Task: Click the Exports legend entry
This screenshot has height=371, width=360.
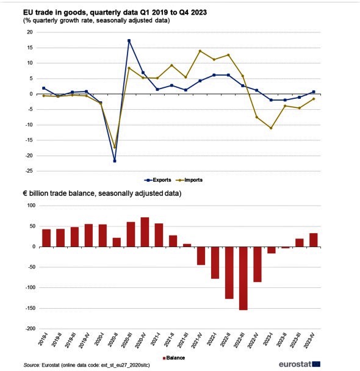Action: coord(157,180)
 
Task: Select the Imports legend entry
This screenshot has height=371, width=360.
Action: coord(189,180)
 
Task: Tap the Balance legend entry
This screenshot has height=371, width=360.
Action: coord(174,358)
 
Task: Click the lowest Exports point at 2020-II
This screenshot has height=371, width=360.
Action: coord(115,161)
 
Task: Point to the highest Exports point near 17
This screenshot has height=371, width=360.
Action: coord(129,41)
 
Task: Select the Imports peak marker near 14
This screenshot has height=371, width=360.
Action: coord(200,51)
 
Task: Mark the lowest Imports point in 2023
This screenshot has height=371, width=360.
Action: coord(271,128)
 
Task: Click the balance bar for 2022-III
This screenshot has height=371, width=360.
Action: coord(243,278)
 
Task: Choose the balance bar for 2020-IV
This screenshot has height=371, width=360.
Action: coord(145,232)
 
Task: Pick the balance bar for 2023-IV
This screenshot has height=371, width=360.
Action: coord(314,240)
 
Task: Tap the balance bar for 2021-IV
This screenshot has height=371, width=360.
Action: coord(201,256)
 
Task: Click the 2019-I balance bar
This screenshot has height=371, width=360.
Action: coord(46,238)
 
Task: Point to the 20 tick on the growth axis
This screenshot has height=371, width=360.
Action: coord(30,32)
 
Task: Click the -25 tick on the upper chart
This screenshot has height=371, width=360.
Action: coord(29,171)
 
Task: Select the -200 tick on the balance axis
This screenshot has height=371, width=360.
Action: coord(31,329)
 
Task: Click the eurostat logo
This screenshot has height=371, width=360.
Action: coord(300,364)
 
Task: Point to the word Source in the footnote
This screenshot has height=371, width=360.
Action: coord(32,365)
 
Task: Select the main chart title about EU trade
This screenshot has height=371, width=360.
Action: coord(115,12)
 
